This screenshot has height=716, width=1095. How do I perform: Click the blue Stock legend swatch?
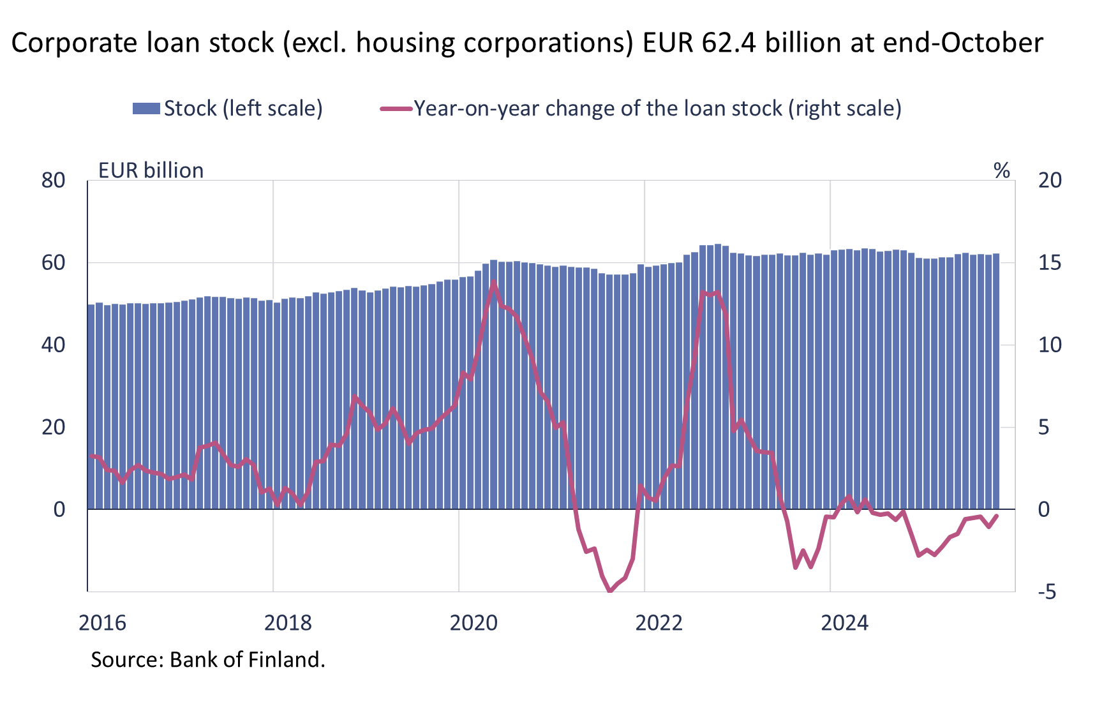pos(146,108)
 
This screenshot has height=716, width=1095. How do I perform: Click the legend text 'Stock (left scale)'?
pos(243,108)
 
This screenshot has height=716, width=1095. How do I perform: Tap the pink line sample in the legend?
pos(396,108)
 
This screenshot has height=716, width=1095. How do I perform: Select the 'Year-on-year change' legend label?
pos(657,108)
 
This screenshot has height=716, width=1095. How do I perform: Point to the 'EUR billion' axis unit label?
pos(151,170)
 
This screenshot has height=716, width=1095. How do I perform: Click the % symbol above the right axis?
pos(1002,170)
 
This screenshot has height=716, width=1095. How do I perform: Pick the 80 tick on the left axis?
pos(54,181)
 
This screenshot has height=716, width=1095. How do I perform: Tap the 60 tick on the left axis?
pos(54,263)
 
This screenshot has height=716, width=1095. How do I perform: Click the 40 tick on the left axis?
pos(54,345)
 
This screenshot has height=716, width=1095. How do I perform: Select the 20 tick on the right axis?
pos(1050,181)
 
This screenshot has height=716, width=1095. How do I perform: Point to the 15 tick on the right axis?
pos(1049,263)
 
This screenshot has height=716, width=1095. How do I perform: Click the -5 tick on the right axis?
pos(1047,592)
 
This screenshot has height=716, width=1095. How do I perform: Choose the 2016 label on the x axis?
pos(102,623)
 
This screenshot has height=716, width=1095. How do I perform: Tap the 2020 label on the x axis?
pos(473,623)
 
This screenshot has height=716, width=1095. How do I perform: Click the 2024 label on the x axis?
pos(844,623)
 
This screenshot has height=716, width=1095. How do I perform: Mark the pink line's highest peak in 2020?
pos(493,283)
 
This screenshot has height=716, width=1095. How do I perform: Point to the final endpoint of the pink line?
pos(997,516)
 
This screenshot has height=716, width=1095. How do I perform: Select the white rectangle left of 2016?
pos(46,583)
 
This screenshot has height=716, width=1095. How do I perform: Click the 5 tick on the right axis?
pos(1043,428)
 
